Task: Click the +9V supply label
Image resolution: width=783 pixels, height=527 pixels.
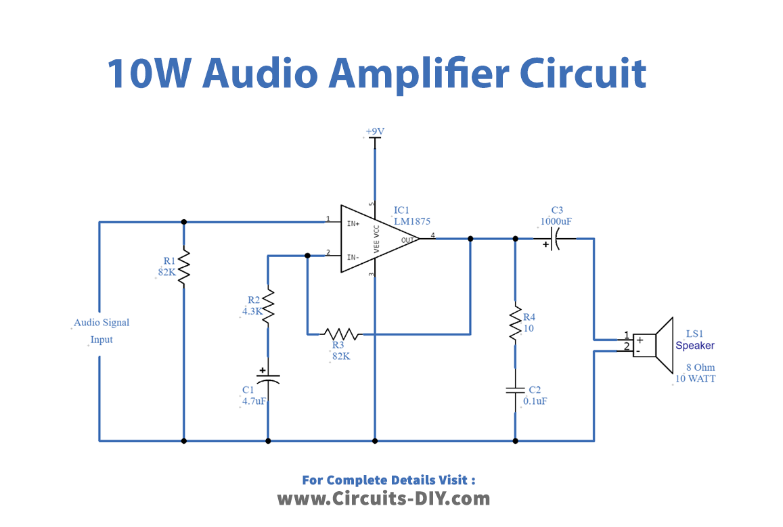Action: click(375, 131)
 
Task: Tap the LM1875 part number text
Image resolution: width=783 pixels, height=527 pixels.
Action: click(412, 221)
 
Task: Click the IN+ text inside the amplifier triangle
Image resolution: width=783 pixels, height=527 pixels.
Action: click(353, 223)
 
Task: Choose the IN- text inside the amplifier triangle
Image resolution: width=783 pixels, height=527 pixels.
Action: click(353, 257)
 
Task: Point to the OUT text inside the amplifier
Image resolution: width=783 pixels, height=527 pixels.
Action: click(407, 239)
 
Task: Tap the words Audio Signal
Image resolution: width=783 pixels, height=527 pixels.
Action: click(102, 323)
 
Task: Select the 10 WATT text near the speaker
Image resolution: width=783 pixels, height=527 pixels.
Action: click(695, 378)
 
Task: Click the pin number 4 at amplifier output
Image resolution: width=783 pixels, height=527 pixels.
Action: click(433, 235)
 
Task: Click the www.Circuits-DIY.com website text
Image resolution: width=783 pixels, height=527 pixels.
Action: click(383, 499)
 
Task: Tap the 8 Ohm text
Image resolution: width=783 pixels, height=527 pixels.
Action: click(700, 367)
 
